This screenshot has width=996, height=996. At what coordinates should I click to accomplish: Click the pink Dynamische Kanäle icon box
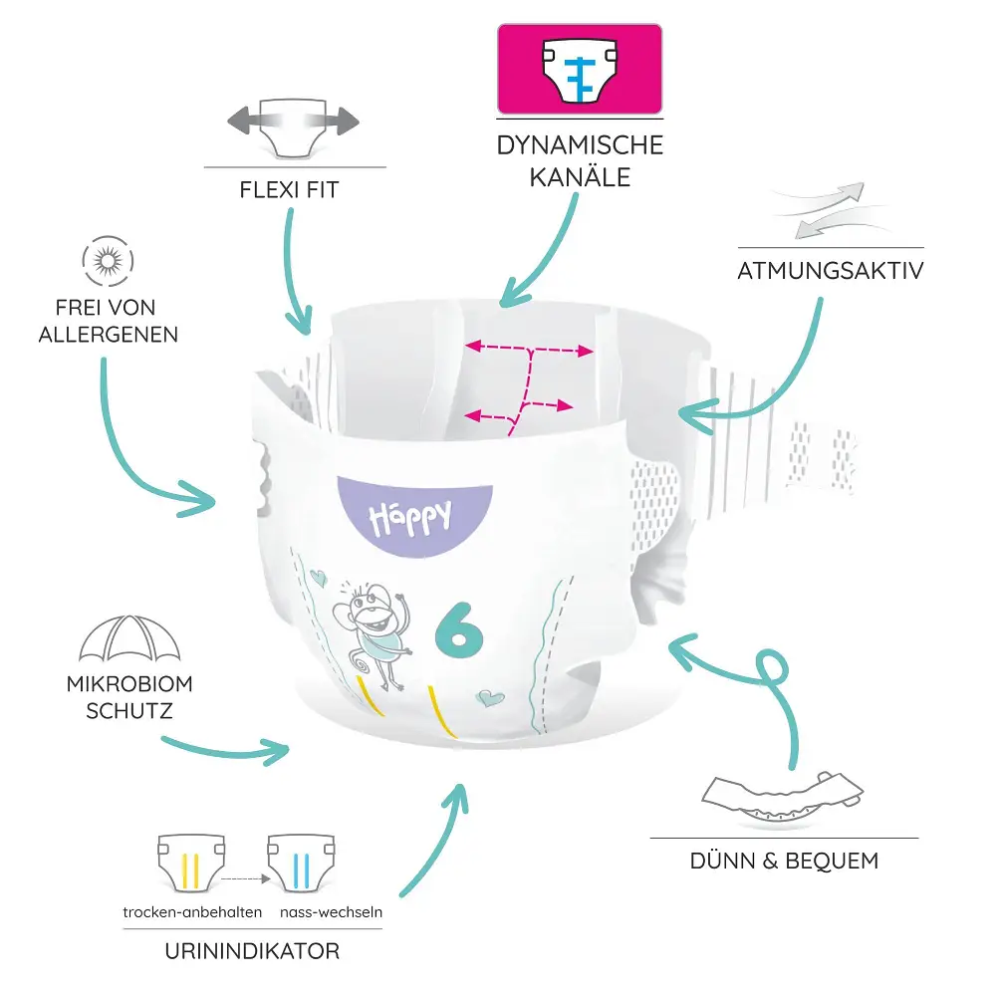580,70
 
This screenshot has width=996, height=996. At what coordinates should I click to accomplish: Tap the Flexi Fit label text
289,190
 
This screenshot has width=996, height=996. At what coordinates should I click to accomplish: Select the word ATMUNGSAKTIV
831,271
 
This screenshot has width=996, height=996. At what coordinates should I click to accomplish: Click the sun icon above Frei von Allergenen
108,261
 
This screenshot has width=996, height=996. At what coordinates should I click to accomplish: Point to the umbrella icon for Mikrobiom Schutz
129,638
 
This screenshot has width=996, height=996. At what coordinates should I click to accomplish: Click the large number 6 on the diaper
458,630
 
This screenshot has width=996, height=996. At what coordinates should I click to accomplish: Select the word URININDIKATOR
252,951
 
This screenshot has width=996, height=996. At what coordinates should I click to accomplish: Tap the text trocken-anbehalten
192,912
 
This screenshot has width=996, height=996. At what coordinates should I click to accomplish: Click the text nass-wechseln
331,912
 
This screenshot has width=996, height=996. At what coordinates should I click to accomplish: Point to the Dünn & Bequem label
785,861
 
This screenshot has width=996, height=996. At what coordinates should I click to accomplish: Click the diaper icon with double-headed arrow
294,126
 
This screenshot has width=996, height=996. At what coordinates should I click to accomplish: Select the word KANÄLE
580,176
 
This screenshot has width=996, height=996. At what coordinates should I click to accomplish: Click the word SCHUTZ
129,711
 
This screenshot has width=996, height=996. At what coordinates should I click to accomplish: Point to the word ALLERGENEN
108,335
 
